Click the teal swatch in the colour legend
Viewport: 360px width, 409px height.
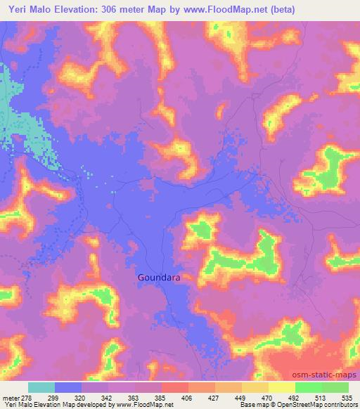tap(41, 387)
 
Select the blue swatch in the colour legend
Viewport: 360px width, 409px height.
tap(68, 387)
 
